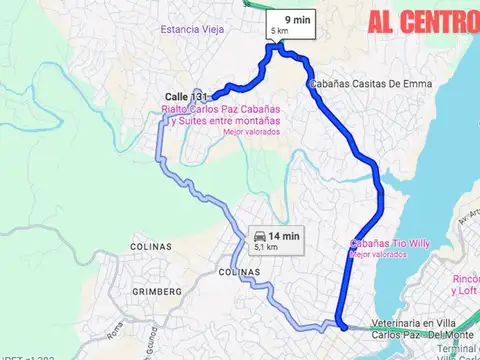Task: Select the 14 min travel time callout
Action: (x=274, y=237)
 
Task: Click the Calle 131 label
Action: (x=186, y=97)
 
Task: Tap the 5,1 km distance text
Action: (x=265, y=246)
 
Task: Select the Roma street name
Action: (x=116, y=327)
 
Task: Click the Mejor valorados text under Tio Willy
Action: (x=378, y=255)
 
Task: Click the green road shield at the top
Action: (x=246, y=3)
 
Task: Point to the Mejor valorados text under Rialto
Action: (x=251, y=132)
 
